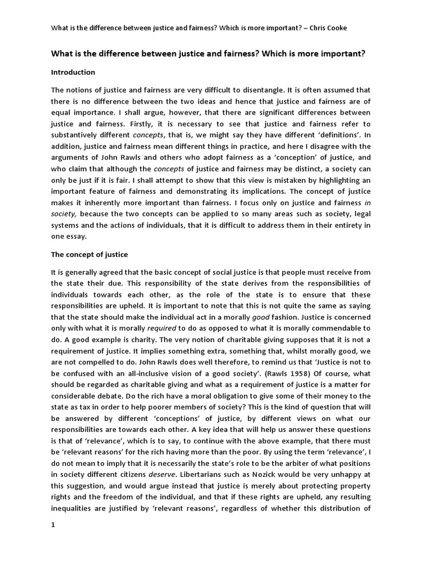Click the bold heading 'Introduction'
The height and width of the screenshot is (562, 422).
point(73,72)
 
